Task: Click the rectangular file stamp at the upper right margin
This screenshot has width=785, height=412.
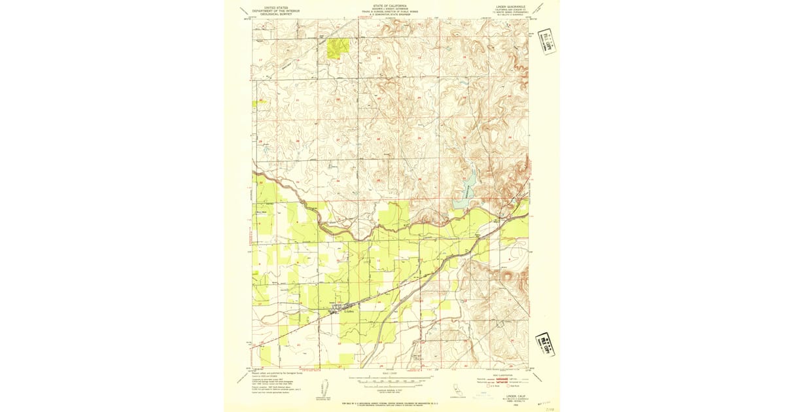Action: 545,41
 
